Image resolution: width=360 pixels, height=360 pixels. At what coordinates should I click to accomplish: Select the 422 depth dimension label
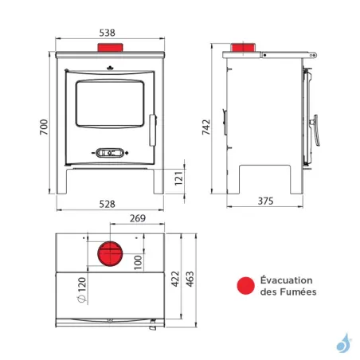pos(175,277)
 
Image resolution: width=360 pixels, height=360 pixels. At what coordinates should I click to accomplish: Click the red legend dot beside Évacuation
pos(244,286)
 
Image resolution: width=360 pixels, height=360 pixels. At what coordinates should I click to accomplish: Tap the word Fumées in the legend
pos(299,292)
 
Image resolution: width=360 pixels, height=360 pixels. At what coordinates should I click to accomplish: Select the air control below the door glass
pos(109,151)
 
